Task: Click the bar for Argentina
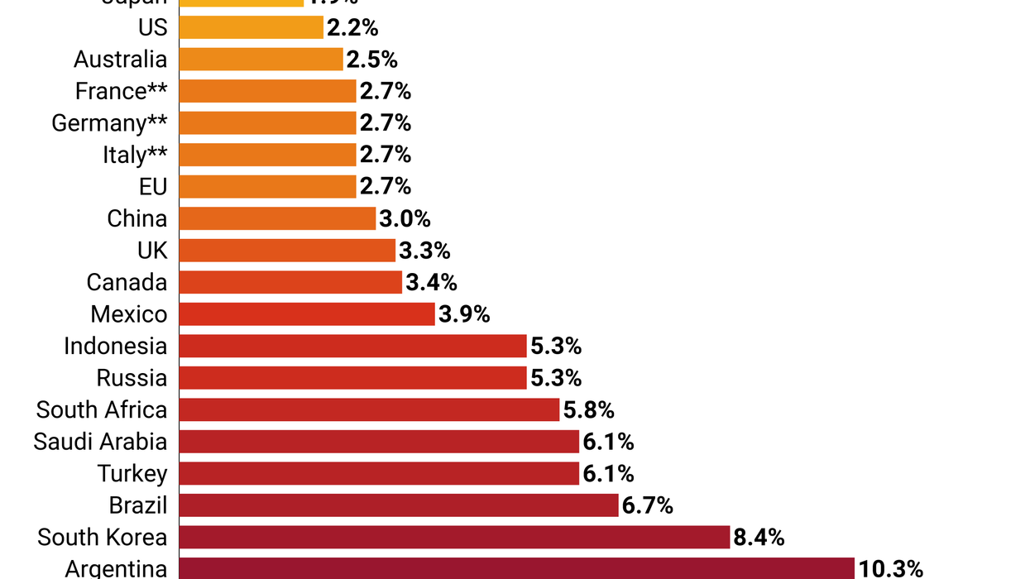[x=516, y=568]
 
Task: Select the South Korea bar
[x=454, y=537]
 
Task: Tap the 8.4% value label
[x=759, y=538]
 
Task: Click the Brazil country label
[x=138, y=505]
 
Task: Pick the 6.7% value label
[x=648, y=505]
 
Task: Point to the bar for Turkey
[x=379, y=473]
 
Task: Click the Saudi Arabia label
[x=100, y=442]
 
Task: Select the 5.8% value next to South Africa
[x=588, y=409]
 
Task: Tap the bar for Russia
[x=352, y=378]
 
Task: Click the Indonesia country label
[x=115, y=346]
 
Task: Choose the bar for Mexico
[x=307, y=314]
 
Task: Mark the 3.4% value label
[x=431, y=282]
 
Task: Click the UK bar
[x=287, y=251]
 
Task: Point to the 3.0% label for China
[x=405, y=218]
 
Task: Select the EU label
[x=153, y=187]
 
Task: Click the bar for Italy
[x=267, y=155]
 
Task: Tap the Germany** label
[x=109, y=123]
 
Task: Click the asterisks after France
[x=157, y=89]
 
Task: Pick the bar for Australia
[x=261, y=60]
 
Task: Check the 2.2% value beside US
[x=352, y=27]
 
